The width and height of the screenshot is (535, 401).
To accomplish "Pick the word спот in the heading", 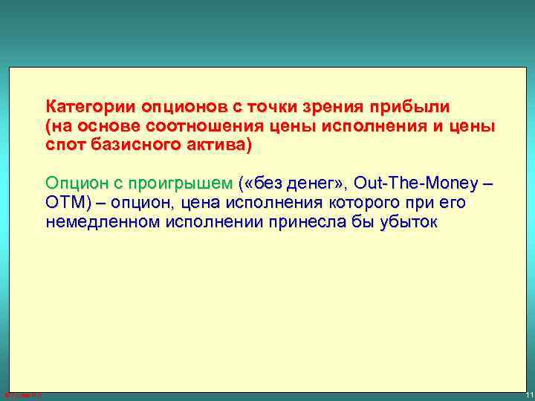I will (x=65, y=145).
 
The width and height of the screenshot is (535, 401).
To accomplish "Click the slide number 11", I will (x=528, y=394).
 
